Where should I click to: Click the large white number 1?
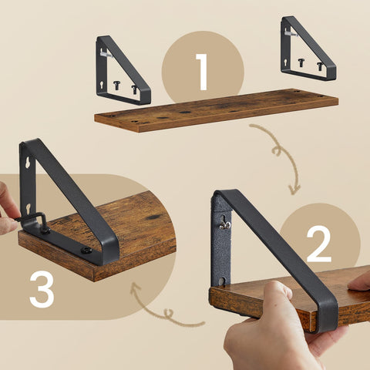203,72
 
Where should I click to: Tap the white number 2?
319,244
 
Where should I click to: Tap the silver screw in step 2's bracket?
225,224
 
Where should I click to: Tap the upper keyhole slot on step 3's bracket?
29,164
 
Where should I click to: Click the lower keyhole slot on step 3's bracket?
29,207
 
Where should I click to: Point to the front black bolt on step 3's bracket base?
86,250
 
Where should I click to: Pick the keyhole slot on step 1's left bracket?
103,77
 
